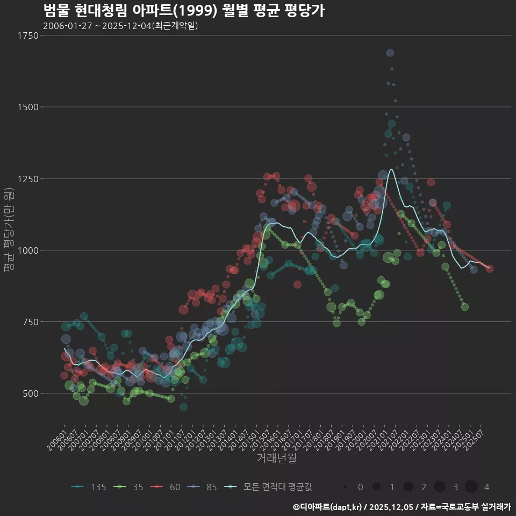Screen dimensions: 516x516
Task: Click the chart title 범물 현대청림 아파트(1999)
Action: pos(183,11)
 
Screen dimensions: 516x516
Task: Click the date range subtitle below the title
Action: pos(120,26)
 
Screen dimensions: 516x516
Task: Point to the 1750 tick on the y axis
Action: pos(27,35)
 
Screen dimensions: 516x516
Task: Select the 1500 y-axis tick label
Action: pos(27,107)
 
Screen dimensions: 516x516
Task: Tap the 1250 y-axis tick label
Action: pos(27,178)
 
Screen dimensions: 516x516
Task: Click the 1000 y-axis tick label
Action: pos(27,250)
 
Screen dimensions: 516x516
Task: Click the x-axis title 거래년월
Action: pos(276,458)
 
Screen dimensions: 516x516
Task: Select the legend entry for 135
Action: pos(89,487)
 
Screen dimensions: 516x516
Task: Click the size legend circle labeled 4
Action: pos(471,487)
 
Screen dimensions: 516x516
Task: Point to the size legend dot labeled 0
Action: pos(345,487)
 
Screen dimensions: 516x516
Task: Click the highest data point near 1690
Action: pos(390,53)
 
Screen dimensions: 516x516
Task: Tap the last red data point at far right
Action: pos(490,269)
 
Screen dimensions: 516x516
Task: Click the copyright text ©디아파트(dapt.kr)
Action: pos(328,507)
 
